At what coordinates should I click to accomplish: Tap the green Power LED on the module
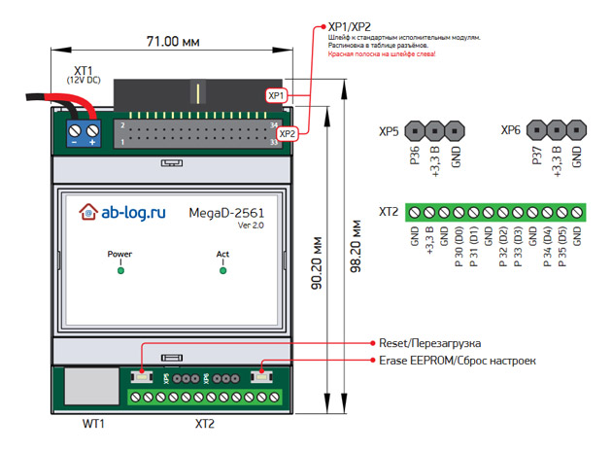click(x=120, y=270)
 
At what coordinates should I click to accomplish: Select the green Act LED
click(x=223, y=270)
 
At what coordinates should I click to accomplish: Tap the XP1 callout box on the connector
click(x=277, y=96)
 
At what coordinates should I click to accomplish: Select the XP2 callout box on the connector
click(x=288, y=133)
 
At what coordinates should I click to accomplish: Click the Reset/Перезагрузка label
click(x=429, y=343)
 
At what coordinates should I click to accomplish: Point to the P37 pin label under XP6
click(x=536, y=157)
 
